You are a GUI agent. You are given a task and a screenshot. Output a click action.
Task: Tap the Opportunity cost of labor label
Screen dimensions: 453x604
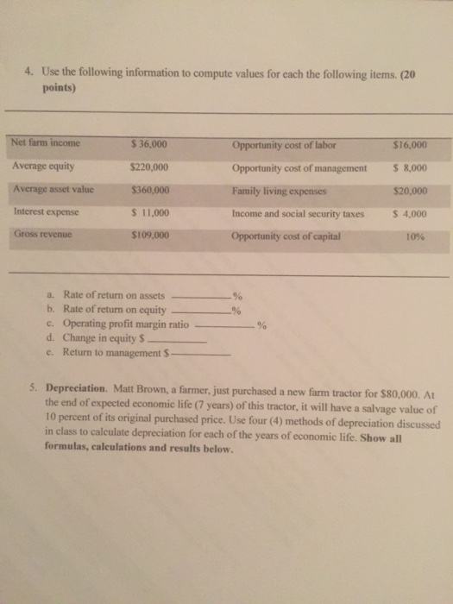[284, 144]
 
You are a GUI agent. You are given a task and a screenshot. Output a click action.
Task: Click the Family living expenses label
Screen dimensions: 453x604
[280, 190]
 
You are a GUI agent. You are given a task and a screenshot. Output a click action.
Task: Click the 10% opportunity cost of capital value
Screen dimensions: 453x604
[415, 236]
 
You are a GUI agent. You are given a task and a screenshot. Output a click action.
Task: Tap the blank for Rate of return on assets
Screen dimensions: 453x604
[202, 298]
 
